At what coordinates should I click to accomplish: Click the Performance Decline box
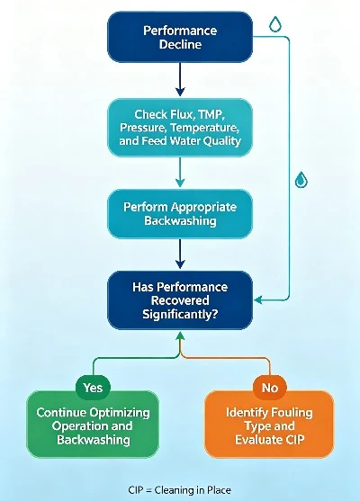180,37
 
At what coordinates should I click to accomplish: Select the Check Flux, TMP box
180,128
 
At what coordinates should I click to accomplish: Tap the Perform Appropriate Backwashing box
180,214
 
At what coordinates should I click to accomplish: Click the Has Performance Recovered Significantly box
180,300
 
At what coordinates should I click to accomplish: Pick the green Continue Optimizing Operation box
93,425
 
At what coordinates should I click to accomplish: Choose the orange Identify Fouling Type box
269,425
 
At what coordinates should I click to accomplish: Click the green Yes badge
93,388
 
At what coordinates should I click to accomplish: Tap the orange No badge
269,388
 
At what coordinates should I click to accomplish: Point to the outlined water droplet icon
275,24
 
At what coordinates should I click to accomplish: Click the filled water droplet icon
301,180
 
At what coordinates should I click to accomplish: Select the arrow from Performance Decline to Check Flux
180,79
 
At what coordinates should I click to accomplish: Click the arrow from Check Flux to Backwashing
180,172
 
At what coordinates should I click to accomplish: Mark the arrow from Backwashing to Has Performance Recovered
180,254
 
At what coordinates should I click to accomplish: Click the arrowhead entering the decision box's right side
258,300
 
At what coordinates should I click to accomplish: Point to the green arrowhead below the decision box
180,335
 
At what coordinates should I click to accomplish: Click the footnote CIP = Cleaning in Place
179,490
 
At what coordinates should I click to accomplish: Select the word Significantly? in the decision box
180,314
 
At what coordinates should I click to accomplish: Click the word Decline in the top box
180,44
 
